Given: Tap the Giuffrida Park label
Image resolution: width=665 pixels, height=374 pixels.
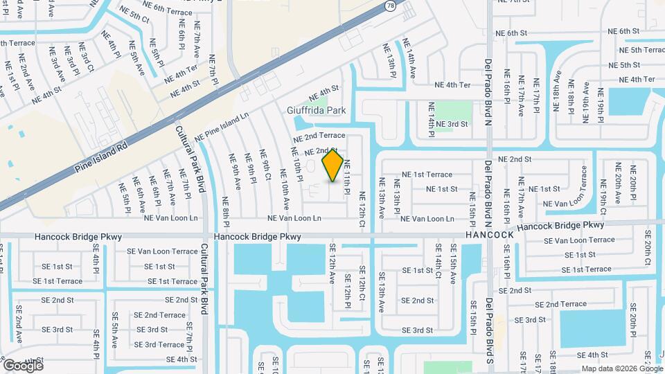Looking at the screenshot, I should click(x=316, y=110).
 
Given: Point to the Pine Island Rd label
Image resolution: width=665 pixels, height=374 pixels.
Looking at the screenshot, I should click(x=103, y=158).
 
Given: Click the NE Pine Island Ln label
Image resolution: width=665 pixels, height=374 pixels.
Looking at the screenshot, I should click(x=221, y=128).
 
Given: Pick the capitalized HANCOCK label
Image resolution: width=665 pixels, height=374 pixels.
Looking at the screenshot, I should click(x=490, y=235).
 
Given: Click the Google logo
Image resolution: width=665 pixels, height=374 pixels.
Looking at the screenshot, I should click(x=22, y=366).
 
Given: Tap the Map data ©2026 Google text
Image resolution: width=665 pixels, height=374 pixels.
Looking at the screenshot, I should click(x=621, y=368).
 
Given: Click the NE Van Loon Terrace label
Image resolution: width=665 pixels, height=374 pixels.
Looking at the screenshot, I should click(x=567, y=204).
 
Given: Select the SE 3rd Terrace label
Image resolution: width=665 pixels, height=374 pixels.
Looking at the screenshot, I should click(x=159, y=344).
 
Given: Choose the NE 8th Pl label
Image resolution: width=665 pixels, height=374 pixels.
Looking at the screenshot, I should click(x=226, y=208).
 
